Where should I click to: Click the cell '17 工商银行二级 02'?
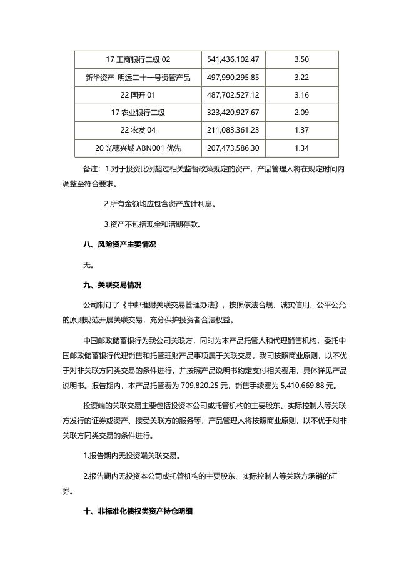pos(138,59)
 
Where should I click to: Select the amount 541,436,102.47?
pos(233,59)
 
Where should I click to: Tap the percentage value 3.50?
pos(301,59)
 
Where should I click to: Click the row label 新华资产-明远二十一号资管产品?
pos(138,77)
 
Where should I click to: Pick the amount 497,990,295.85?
pos(233,77)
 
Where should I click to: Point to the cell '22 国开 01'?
pos(138,94)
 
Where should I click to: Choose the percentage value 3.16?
pos(301,94)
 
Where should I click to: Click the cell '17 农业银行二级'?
pos(138,112)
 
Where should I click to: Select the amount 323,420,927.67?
pos(233,112)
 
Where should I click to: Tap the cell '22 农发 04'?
pos(138,129)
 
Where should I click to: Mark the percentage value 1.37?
pos(301,129)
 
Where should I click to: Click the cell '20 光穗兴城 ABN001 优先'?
pos(138,147)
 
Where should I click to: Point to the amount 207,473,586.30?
pos(233,147)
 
